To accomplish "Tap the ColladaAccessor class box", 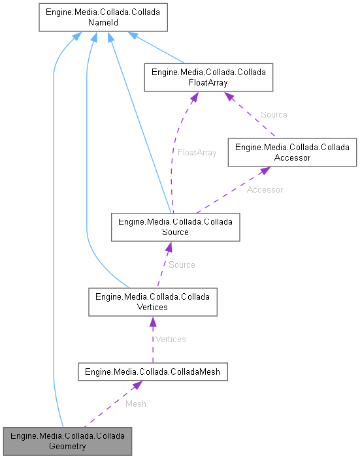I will tap(292, 152).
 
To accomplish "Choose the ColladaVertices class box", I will tap(152, 302).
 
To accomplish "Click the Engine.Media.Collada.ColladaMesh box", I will tap(152, 372).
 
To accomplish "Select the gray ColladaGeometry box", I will tap(67, 441).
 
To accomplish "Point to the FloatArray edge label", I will tap(197, 152).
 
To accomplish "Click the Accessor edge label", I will tap(265, 189).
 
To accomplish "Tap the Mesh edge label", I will tap(136, 404).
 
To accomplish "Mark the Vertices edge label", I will tap(170, 339).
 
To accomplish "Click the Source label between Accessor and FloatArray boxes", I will tap(274, 114).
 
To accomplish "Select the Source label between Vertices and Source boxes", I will tap(182, 264).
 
